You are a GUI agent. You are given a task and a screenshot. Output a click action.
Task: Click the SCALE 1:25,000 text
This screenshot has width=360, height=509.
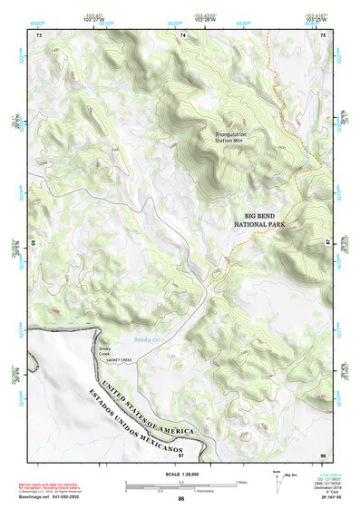coord(180,475)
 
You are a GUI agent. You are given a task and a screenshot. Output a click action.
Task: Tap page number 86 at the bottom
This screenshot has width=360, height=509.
coord(180,499)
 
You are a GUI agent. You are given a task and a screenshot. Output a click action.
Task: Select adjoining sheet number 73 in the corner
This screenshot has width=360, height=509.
coord(39,34)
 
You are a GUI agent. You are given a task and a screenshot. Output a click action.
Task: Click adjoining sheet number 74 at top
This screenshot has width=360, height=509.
coord(182,34)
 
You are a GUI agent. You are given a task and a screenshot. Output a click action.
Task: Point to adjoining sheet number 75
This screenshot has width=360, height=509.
coord(323,34)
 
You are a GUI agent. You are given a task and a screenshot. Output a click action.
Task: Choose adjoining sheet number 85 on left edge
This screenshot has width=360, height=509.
coord(34,242)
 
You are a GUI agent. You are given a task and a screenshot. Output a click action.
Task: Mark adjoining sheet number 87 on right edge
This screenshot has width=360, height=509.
coord(328,242)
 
